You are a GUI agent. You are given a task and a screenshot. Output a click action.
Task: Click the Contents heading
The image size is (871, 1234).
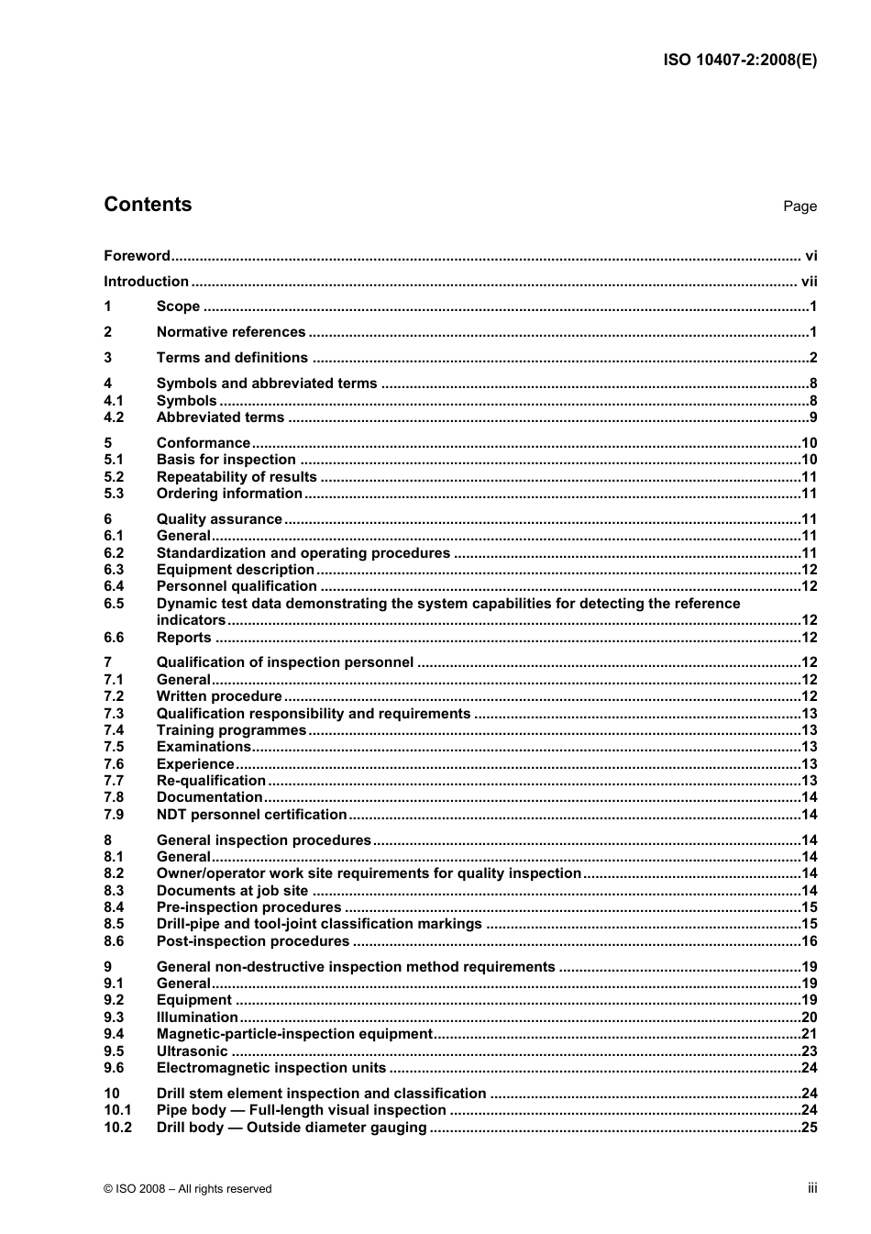coord(148,205)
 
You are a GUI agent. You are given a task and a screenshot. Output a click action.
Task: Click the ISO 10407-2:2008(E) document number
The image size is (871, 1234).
coord(739,61)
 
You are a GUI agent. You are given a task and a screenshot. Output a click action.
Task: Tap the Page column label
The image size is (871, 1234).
coord(799,206)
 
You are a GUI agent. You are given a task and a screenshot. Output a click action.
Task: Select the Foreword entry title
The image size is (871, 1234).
coord(137,256)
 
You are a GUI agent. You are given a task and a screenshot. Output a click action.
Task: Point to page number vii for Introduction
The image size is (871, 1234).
coord(809,282)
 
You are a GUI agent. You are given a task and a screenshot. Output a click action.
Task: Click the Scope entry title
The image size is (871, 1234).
coord(178,306)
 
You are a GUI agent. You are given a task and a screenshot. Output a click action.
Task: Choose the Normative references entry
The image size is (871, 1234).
coord(231,332)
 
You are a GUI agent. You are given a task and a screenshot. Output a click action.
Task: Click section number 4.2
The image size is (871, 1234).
coord(114,417)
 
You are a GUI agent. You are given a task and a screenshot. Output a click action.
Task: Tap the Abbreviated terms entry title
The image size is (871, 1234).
coord(220,417)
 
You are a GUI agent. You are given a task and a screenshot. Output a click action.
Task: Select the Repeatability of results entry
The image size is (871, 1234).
coord(237,477)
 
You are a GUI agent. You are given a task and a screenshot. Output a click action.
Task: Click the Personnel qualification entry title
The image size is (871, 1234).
coord(237,586)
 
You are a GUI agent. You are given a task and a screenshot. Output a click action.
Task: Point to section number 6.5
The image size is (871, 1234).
coord(114,604)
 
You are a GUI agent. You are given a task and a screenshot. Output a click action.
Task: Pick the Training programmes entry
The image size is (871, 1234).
coord(231,730)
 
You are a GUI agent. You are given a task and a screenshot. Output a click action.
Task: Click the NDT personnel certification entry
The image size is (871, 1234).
coord(251,815)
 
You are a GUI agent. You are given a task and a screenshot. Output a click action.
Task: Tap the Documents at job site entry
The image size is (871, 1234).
coord(232,891)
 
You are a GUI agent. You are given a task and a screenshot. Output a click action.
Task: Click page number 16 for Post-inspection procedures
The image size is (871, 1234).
coord(809,941)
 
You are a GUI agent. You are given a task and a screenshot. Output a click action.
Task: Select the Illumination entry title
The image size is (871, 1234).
coord(197,1017)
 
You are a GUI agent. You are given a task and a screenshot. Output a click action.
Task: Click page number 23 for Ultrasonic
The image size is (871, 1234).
coord(809,1051)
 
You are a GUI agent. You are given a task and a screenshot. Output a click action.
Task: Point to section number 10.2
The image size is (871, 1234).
coord(117,1128)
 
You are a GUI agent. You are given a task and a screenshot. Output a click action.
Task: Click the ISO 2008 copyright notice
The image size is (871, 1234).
coord(188,1189)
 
